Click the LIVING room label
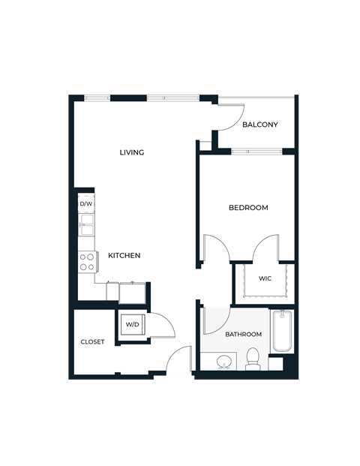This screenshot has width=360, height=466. tap(132, 152)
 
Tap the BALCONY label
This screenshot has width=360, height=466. tap(260, 125)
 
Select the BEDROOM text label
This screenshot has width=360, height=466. tap(248, 208)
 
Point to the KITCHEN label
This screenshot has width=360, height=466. tap(124, 255)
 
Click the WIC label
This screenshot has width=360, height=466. tap(265, 278)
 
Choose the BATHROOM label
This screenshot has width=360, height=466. tap(244, 334)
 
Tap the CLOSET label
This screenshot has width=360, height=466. tap(93, 342)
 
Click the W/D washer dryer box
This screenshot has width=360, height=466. tap(132, 325)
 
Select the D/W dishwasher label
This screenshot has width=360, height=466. tap(86, 203)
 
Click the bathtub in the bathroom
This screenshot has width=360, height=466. tap(282, 331)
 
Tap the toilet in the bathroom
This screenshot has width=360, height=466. tap(252, 359)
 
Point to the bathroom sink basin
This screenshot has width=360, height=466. tap(222, 363)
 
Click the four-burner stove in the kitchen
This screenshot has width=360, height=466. tap(87, 261)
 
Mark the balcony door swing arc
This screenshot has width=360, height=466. tap(226, 116)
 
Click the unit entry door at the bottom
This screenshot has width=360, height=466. tap(179, 364)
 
